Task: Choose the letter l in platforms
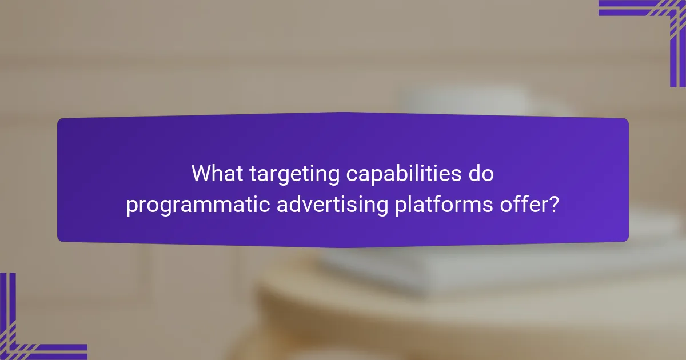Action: pyautogui.click(x=407, y=204)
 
